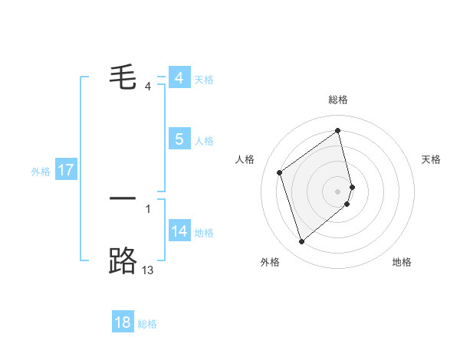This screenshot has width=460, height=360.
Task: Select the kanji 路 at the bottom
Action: point(123,260)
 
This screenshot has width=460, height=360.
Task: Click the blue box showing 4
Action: point(179,78)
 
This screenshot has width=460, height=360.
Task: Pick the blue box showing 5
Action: point(179,139)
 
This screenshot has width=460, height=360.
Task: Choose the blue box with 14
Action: point(179,231)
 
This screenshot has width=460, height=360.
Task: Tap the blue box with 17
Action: point(66,170)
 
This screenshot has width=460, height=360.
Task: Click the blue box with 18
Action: point(123,322)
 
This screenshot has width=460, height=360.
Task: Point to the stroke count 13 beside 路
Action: point(148,270)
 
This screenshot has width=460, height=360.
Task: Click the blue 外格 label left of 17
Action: point(41,172)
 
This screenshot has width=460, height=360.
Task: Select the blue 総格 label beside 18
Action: point(147,324)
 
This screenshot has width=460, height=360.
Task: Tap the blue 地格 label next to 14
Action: point(204,233)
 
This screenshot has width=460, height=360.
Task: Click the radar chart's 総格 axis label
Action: point(337,100)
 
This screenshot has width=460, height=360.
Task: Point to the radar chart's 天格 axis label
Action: point(431,159)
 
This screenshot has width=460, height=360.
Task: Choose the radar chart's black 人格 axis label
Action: point(245,159)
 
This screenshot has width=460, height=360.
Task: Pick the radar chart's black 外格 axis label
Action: point(270,263)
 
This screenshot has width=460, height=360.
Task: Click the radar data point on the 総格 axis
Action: point(337,130)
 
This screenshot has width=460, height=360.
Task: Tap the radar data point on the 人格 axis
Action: point(280,172)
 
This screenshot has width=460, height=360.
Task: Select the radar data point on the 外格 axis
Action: point(301,242)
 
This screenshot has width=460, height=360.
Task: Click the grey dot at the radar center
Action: point(337,191)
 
